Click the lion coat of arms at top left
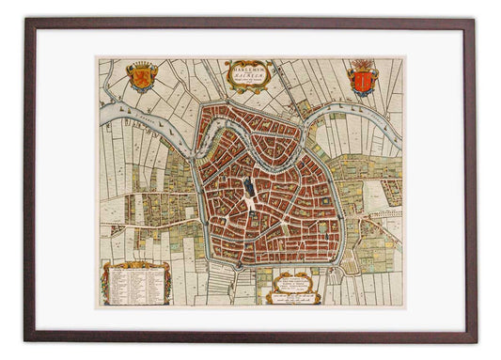142,76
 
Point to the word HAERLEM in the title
248,78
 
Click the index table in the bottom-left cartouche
136,283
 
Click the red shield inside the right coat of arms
362,83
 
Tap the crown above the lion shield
142,65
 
